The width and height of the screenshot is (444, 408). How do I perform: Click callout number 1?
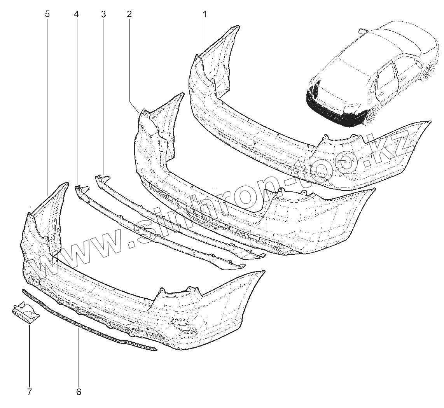(205, 14)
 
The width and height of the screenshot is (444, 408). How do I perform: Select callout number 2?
(129, 14)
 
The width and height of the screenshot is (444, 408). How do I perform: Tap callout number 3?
(103, 14)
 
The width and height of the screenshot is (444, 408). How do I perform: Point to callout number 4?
(76, 14)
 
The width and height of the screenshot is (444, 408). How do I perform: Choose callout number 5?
(47, 14)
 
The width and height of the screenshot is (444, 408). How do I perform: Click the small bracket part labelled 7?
(25, 313)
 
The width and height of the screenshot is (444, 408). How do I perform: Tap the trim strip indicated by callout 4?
(156, 229)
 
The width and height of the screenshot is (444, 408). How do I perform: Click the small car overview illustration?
(373, 74)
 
